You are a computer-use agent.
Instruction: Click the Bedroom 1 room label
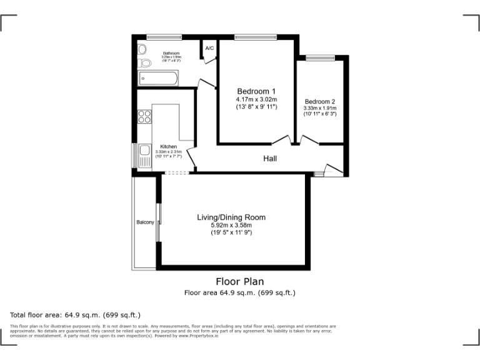(x=256, y=91)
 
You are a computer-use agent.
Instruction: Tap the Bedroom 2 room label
(x=320, y=102)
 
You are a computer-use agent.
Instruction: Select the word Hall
(x=270, y=159)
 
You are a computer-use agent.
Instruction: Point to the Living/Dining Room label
(x=231, y=217)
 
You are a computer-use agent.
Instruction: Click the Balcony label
(x=145, y=222)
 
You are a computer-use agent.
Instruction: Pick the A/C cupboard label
(x=209, y=48)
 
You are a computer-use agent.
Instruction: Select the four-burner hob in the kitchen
(x=144, y=116)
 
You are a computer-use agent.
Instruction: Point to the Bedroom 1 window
(x=256, y=37)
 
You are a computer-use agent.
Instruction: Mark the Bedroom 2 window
(x=320, y=57)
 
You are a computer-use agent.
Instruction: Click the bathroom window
(x=164, y=37)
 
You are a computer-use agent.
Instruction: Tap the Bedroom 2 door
(x=308, y=140)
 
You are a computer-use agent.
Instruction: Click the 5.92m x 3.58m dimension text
(x=231, y=226)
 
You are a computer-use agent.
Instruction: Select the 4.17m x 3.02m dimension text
(x=256, y=100)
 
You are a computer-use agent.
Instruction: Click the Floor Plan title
(x=239, y=282)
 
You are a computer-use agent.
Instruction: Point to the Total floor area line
(x=76, y=314)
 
